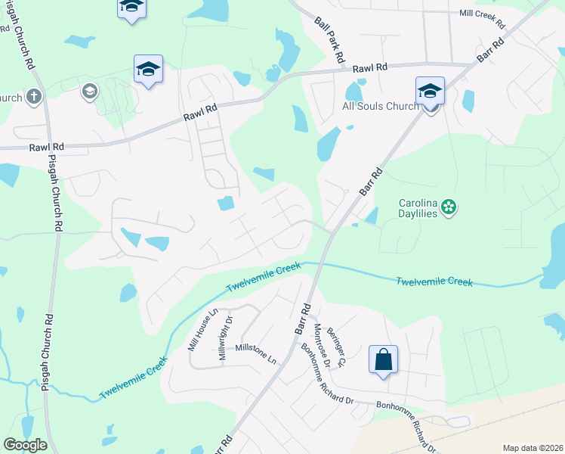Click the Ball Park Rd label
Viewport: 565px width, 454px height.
click(330, 39)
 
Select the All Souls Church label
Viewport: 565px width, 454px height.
click(381, 106)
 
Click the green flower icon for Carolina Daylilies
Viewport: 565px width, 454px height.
click(449, 207)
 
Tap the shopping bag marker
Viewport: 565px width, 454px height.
click(383, 359)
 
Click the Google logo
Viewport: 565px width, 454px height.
click(25, 444)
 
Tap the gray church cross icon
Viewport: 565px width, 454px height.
click(33, 96)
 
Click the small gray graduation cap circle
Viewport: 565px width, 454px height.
click(90, 92)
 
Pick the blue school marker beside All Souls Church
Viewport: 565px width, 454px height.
click(430, 91)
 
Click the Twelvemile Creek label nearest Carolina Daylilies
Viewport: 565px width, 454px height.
click(434, 281)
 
